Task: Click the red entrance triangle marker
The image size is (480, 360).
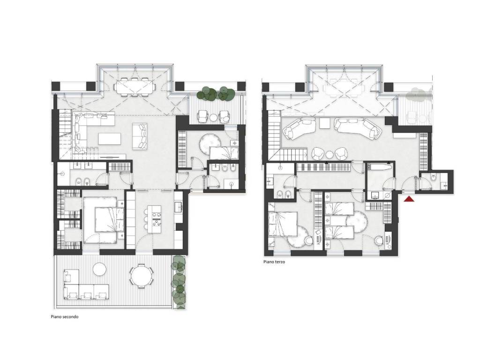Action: click(409, 199)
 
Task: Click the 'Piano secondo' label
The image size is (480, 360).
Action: click(65, 316)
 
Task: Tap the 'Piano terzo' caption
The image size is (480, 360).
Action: click(274, 262)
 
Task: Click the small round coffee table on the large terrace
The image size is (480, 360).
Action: click(100, 270)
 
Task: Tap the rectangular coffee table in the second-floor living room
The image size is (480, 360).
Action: click(110, 139)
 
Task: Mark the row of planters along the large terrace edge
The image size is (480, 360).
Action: click(179, 282)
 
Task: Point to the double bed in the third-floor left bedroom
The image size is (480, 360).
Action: click(283, 224)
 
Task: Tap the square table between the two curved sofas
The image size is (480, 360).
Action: click(324, 123)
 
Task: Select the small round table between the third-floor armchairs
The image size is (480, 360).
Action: click(330, 154)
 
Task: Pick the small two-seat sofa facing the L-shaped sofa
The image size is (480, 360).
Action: click(140, 136)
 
